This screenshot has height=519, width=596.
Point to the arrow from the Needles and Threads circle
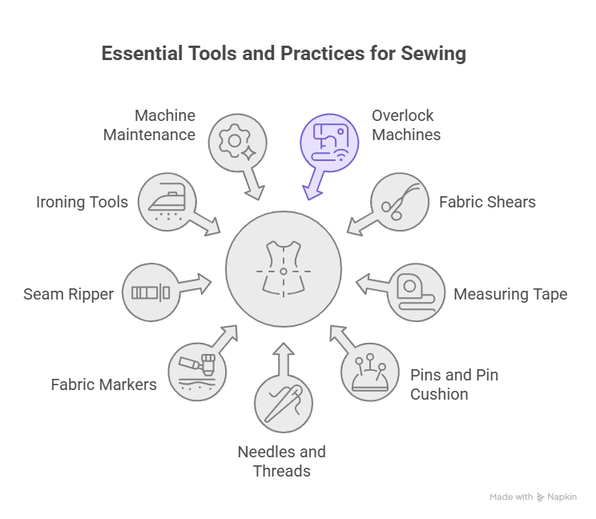point(284,355)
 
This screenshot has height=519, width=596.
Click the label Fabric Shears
point(487,202)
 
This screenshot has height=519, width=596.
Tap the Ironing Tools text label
point(83,202)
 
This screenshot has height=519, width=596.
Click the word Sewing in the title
point(436,54)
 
